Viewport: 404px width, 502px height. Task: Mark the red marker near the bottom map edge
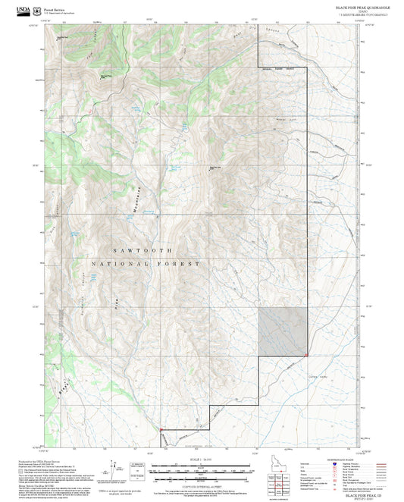pos(161,431)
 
